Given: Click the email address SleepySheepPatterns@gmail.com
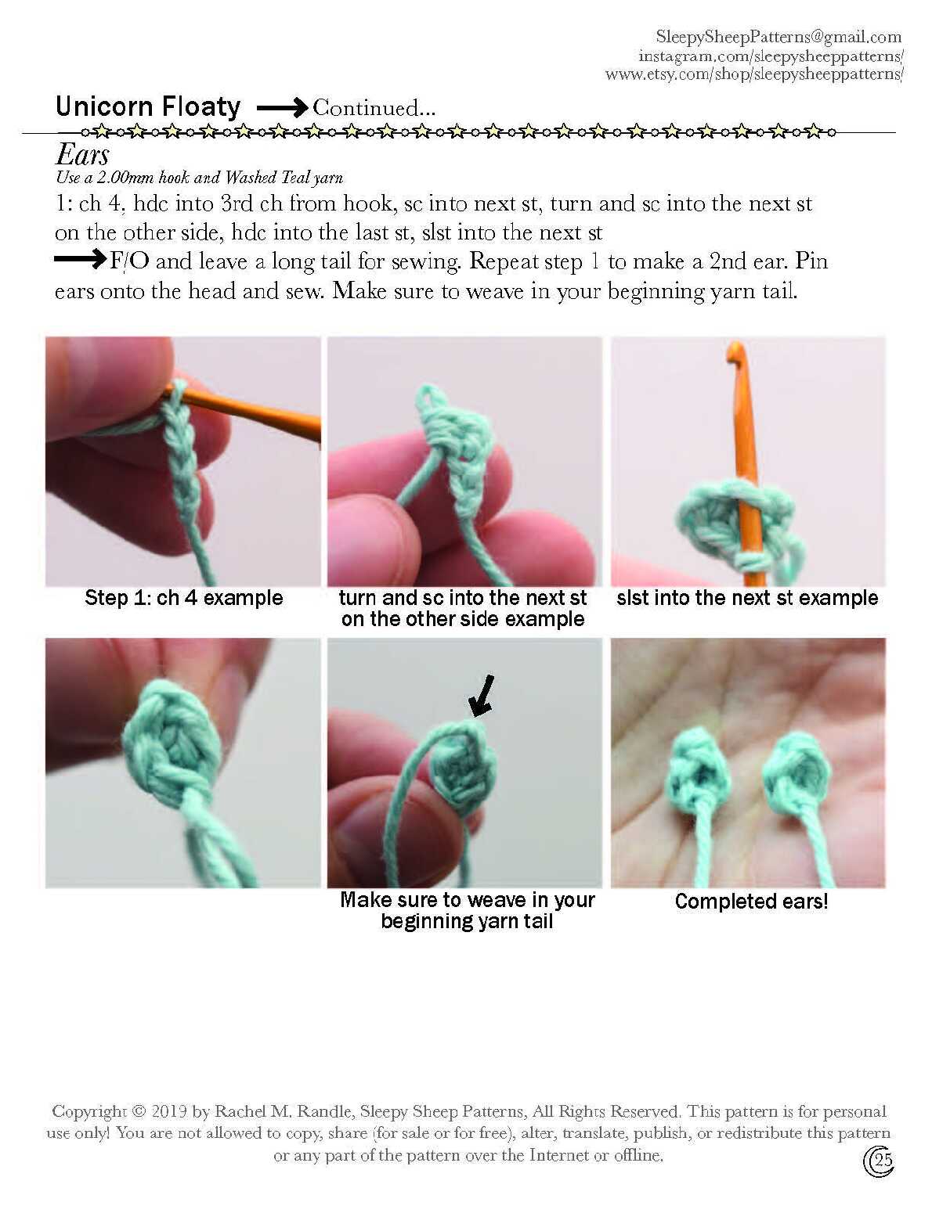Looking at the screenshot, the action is [x=778, y=37].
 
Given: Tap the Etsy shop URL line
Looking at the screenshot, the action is [x=754, y=74].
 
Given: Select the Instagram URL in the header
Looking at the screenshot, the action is [x=771, y=56].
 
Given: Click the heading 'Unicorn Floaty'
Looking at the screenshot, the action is [x=148, y=107].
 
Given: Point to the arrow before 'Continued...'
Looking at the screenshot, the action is [x=282, y=108].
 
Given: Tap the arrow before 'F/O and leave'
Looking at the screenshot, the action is [x=81, y=258].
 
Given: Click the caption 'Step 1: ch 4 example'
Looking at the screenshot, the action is [x=184, y=598].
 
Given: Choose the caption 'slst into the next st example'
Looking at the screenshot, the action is [x=747, y=598].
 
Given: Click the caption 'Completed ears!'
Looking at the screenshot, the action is [x=752, y=902].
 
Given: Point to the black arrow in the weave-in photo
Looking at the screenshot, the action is [x=482, y=696].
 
